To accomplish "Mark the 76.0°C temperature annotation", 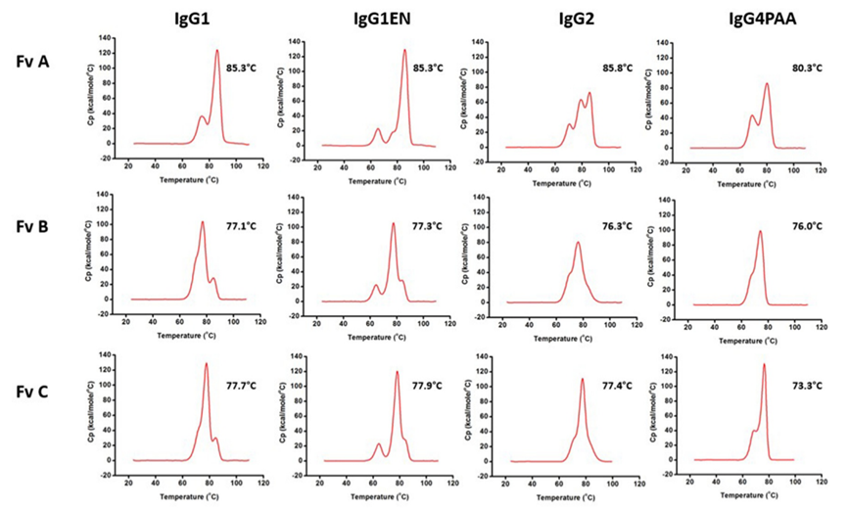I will tap(805, 226).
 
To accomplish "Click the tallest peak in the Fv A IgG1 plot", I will tap(217, 51).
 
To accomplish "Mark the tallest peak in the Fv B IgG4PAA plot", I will tap(759, 232).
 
